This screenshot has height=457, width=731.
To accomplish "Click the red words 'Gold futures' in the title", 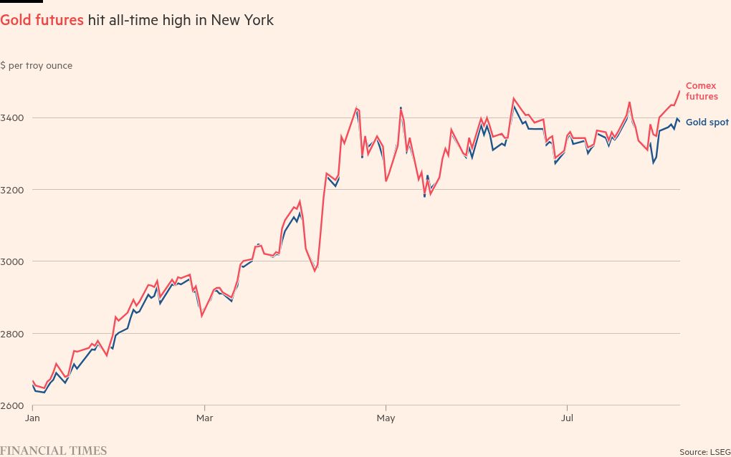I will click(x=42, y=20).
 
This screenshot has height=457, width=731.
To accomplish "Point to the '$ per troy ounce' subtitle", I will click(x=37, y=65).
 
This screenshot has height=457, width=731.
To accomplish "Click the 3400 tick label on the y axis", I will click(x=11, y=117).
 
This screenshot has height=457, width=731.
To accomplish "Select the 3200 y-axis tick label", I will click(x=11, y=190).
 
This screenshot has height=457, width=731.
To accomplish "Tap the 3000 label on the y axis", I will click(x=11, y=261).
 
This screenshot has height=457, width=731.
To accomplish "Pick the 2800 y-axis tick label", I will click(x=11, y=334).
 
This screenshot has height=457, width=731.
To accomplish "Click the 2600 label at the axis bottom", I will click(x=11, y=406).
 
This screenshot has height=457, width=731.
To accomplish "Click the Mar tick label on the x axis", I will click(x=205, y=417).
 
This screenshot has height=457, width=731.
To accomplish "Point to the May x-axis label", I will click(x=386, y=417).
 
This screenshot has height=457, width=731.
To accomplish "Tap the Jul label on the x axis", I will click(x=568, y=417).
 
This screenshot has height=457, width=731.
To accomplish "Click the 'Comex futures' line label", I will click(x=701, y=91).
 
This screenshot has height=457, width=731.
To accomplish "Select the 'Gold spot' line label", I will click(x=707, y=122).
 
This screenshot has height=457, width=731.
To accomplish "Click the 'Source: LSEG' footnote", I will click(x=704, y=451).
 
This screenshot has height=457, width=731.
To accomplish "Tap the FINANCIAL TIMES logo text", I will click(x=53, y=451).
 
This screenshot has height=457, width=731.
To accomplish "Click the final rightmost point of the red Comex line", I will click(x=679, y=90).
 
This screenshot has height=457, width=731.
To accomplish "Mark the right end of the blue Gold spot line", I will click(x=679, y=121).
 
